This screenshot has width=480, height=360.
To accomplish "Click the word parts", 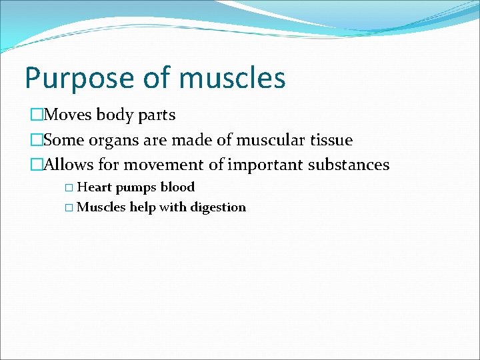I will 157,115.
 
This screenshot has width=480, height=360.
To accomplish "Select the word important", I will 265,165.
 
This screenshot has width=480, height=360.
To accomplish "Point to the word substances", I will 348,165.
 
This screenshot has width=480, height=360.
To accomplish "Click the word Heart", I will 95,187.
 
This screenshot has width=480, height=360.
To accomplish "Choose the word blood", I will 177,187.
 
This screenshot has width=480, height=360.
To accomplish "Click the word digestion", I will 218,208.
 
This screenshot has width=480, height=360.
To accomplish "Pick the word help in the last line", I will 143,207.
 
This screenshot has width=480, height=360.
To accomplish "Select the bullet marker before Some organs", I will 36,141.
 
